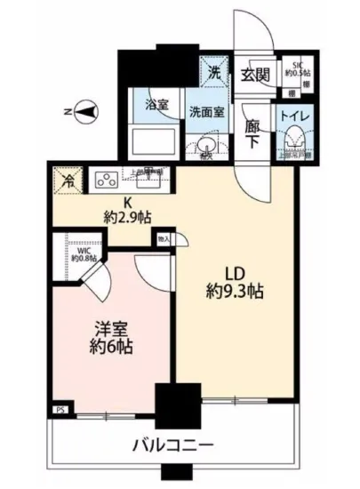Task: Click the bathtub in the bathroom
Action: pos(149,140)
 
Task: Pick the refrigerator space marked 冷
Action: pos(67,180)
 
